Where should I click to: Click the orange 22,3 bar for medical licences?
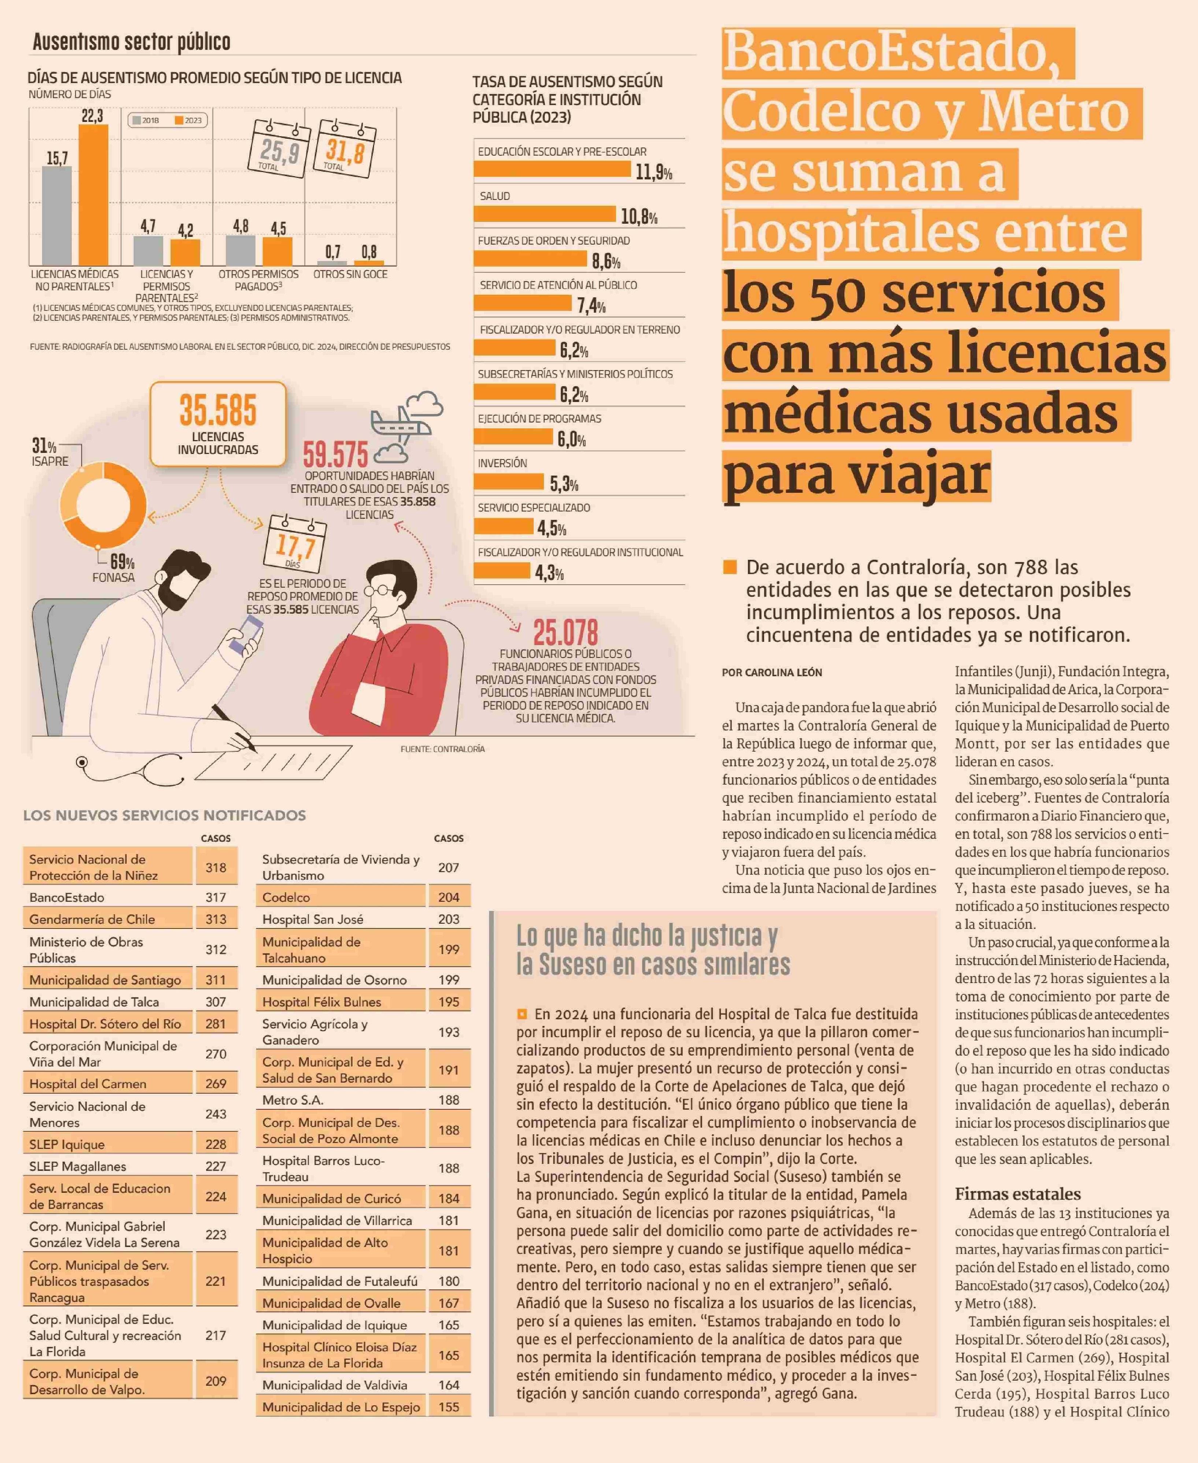point(93,195)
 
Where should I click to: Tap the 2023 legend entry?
point(189,120)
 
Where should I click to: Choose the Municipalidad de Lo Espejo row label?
point(341,1406)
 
